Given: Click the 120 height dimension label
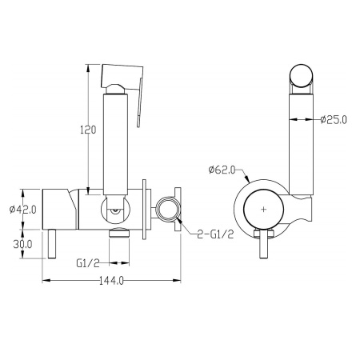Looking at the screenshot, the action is point(88,130).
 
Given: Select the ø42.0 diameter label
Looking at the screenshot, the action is point(22,210).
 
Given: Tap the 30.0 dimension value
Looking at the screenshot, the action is point(22,244).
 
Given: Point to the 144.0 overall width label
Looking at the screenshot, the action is point(111,280).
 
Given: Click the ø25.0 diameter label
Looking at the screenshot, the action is point(334,120).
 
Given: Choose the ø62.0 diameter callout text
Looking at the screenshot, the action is point(222,170).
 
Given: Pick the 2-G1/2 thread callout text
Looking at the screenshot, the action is point(215,234).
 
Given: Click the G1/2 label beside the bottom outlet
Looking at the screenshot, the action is point(88,263).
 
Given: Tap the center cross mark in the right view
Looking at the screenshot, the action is point(263,210).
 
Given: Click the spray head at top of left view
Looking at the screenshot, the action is point(122,78).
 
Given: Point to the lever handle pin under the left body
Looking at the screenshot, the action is point(52,244).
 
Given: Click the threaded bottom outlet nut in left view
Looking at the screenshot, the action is point(119,232).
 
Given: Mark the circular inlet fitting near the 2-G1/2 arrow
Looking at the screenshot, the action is point(168,210).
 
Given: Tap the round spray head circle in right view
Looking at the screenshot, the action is point(302,75).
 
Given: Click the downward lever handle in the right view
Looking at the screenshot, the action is point(263,244).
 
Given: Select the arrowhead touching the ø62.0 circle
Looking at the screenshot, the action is point(247,179).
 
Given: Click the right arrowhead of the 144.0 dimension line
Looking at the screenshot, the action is point(177,280).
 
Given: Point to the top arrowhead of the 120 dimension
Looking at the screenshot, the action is point(88,68).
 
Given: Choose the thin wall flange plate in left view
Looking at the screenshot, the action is point(144,210).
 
